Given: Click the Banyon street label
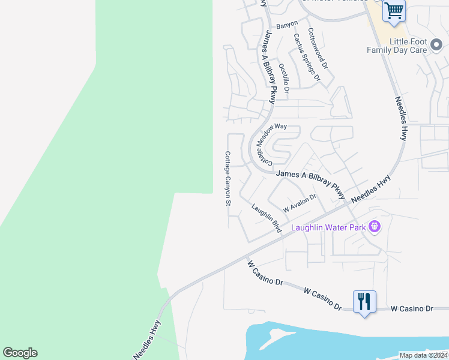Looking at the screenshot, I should point(287,26).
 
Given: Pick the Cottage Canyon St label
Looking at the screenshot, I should point(228,178).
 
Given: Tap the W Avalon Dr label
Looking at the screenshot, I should point(299,203).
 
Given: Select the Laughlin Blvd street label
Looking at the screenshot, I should point(267,218).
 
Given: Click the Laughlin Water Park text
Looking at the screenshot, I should point(328,227).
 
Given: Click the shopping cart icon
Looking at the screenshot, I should point(394,10).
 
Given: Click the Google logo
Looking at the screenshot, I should point(20,353).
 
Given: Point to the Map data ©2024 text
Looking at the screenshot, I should point(423,355).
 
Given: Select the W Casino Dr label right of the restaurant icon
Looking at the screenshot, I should point(412,308).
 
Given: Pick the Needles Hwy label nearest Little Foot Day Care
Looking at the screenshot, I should point(401,118).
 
